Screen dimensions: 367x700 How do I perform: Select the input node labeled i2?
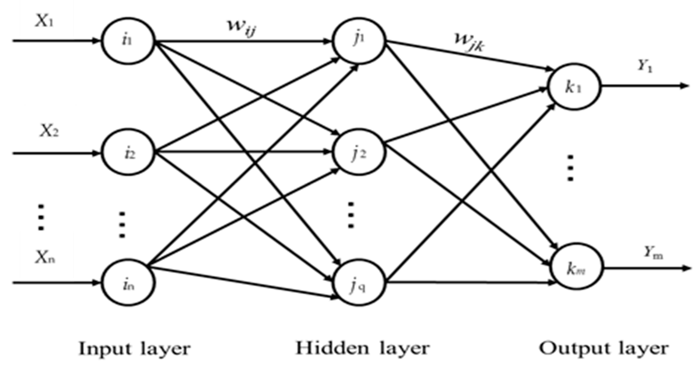pos(128,153)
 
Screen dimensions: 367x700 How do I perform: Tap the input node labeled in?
pos(128,283)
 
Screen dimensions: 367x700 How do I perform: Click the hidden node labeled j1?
pos(359,41)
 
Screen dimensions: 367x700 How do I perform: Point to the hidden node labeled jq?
pos(359,283)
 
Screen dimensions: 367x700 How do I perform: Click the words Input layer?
pos(135,349)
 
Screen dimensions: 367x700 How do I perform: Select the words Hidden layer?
pos(363,348)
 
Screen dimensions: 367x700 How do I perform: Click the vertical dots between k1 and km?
pos(570,168)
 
